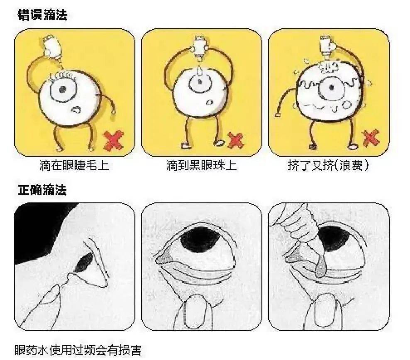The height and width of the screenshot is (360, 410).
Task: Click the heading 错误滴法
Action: (x=42, y=15)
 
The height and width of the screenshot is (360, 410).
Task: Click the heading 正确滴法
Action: (x=42, y=190)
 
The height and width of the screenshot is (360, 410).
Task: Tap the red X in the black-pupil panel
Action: (x=236, y=141)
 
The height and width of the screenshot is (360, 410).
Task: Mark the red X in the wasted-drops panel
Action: (x=370, y=138)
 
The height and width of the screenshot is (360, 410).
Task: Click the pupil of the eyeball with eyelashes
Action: (x=63, y=90)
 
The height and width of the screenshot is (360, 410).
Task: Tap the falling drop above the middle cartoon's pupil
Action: (x=201, y=72)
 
